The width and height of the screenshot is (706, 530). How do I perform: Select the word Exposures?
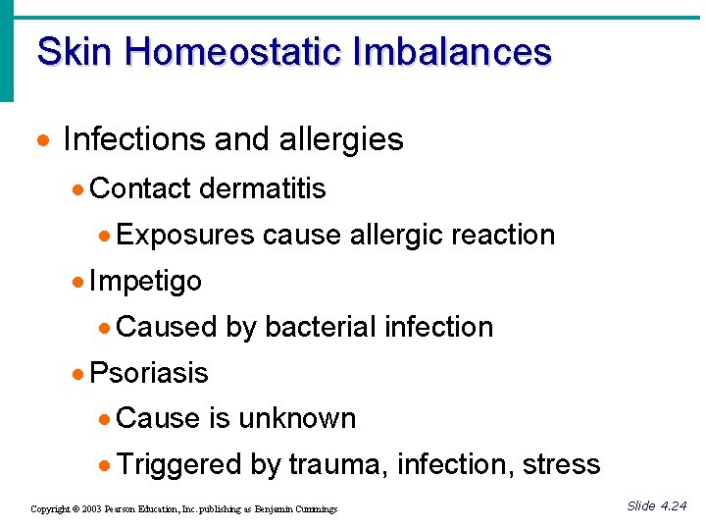click(185, 235)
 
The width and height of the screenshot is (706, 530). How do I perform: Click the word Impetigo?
click(145, 282)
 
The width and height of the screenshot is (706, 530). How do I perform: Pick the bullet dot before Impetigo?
click(78, 283)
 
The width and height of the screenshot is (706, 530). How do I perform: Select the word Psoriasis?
click(148, 373)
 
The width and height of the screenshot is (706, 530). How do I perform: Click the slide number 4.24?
click(673, 505)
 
